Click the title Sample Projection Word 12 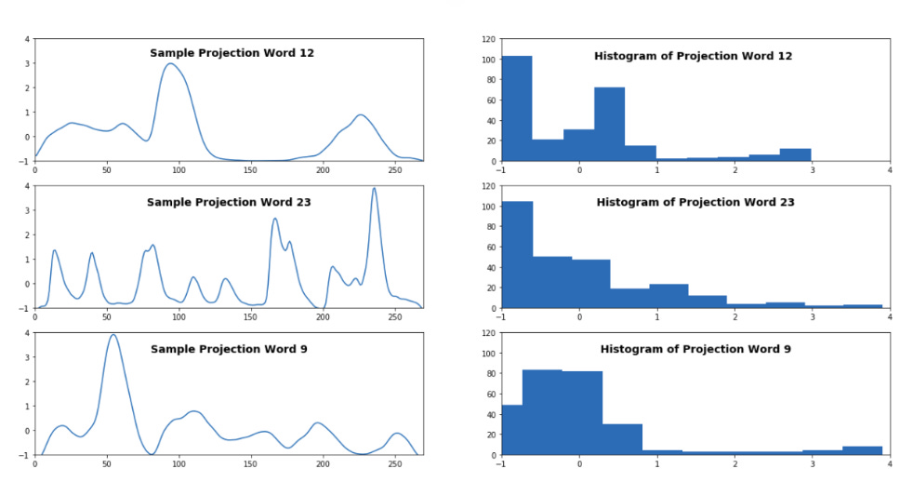tap(232, 53)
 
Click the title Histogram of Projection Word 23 tap(695, 202)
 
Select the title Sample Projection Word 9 tap(229, 349)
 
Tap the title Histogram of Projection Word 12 tap(693, 56)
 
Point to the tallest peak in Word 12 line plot tap(169, 63)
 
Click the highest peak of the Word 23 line tap(374, 188)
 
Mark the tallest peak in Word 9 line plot tap(112, 335)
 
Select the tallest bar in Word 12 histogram tap(516, 109)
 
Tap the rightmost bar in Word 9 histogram tap(862, 450)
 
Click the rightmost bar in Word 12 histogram tap(795, 155)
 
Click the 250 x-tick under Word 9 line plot tap(396, 462)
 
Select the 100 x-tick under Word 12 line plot tap(179, 169)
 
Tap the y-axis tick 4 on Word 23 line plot tap(27, 186)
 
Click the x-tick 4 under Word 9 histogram tap(889, 462)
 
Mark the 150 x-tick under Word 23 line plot tap(251, 316)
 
